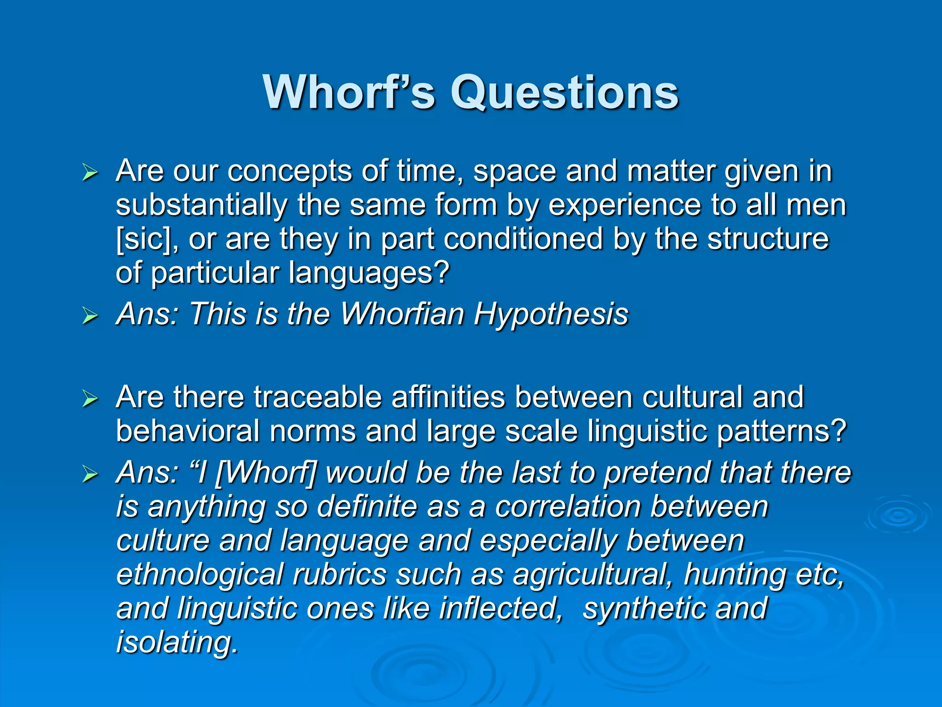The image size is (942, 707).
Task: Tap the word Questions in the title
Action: pos(564,93)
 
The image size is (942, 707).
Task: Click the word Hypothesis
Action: pos(551,314)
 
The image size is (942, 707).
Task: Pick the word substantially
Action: pos(201,205)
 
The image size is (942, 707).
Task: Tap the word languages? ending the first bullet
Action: pos(369,273)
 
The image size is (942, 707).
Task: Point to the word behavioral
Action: pos(188,431)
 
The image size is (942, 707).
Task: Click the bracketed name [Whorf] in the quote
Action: pos(266,473)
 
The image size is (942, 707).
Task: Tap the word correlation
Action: pos(569,507)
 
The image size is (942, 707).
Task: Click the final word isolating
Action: pos(177,642)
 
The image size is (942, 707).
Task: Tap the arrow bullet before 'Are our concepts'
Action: pos(90,173)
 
